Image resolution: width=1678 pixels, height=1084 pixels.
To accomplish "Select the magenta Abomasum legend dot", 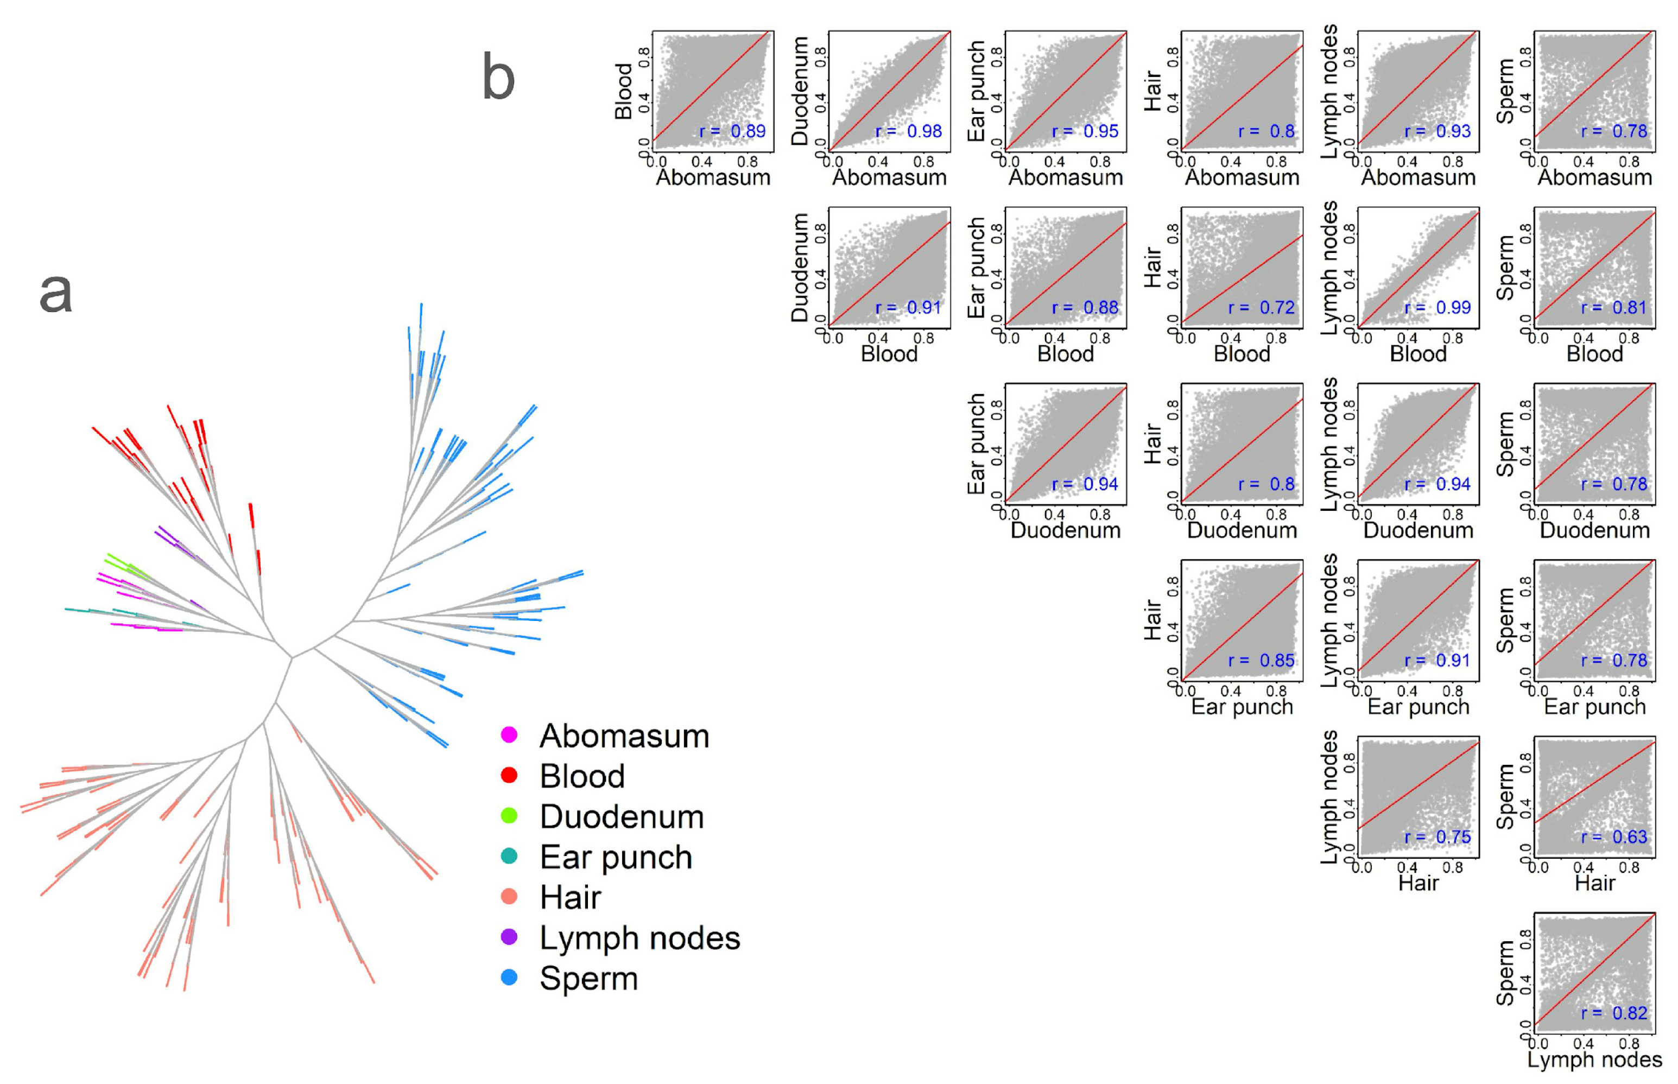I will tap(509, 735).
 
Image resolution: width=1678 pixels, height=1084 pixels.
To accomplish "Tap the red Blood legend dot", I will tap(509, 775).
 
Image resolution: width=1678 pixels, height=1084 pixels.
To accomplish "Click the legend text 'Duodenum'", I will tap(622, 816).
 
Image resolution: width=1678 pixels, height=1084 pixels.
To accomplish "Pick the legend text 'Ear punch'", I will tap(616, 857).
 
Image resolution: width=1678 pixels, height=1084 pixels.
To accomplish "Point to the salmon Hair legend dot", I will tap(509, 896).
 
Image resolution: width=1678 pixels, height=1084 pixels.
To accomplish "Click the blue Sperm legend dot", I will tap(509, 977).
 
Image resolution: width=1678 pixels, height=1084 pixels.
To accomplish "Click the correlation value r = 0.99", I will tap(1438, 308).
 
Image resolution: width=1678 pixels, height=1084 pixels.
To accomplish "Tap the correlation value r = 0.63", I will tap(1614, 837).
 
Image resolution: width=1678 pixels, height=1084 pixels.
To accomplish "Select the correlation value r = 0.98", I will tap(908, 131).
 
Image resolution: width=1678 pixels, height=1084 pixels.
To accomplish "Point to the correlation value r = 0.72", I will tap(1261, 308).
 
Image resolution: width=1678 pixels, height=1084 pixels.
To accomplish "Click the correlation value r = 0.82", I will tap(1614, 1013).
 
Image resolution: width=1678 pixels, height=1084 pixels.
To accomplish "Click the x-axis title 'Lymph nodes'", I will tap(1594, 1060).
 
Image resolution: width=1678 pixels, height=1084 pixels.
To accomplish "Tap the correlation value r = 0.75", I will tap(1438, 837).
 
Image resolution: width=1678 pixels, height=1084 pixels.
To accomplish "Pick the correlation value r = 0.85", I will tap(1261, 660).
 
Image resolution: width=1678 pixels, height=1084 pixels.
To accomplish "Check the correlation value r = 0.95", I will tap(1085, 131).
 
